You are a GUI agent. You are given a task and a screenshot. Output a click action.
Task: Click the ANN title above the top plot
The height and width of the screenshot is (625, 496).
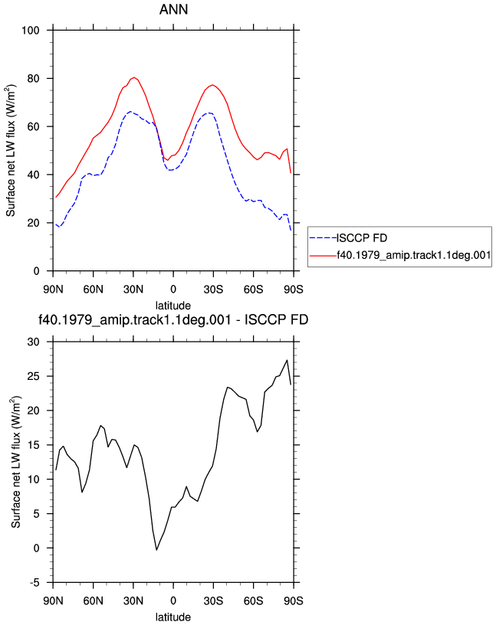point(173,9)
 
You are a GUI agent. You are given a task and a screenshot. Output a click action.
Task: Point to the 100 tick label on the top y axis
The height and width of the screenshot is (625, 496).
point(31,31)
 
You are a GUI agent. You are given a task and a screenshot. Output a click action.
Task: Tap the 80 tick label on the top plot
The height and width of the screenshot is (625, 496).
point(34,79)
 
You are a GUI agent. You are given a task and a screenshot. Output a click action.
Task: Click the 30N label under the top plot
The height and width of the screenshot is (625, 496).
point(133,290)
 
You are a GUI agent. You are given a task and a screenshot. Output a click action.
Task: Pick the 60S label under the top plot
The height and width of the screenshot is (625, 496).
point(254,290)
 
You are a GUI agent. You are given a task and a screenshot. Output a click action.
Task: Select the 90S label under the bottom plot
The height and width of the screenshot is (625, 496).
point(294,600)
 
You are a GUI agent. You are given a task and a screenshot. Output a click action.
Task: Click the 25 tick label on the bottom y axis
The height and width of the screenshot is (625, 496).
point(34,376)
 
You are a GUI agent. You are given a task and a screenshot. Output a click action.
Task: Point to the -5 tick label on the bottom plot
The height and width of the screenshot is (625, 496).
point(35,583)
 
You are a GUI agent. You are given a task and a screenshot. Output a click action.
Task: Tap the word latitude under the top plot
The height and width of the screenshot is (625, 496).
point(173,306)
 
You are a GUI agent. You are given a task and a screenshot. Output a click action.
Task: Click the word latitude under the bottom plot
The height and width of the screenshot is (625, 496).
point(173,617)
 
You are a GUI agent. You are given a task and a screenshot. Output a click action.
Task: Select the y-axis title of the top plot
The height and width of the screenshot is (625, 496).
point(11,151)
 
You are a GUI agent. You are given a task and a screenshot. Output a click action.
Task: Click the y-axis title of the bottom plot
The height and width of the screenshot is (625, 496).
point(15,463)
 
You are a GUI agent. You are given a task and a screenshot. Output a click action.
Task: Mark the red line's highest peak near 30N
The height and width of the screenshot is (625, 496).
point(134,77)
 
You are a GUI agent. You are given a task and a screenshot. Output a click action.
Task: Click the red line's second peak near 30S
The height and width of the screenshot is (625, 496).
point(212,85)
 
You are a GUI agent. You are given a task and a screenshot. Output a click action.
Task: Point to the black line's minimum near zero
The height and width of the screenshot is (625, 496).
point(157,550)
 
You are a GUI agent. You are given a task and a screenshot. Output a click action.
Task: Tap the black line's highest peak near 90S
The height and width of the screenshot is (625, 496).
point(287,360)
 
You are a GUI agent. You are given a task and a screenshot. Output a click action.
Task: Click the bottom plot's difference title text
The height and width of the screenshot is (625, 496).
point(173,319)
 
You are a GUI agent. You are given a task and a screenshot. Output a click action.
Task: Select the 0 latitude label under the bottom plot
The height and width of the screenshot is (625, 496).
point(173,600)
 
